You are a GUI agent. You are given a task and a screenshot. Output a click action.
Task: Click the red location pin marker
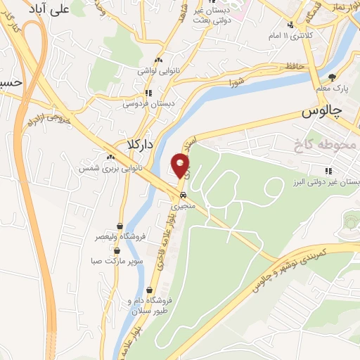tap(181, 166)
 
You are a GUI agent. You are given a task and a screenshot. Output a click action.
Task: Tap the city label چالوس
tap(321, 112)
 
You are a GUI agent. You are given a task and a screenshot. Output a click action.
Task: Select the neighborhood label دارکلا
tap(140, 144)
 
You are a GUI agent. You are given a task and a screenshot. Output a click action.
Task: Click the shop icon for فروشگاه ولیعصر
tap(122, 226)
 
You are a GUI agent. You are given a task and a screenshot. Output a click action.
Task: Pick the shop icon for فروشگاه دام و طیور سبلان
tap(149, 290)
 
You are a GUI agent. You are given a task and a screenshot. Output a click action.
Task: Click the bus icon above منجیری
tap(183, 195)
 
